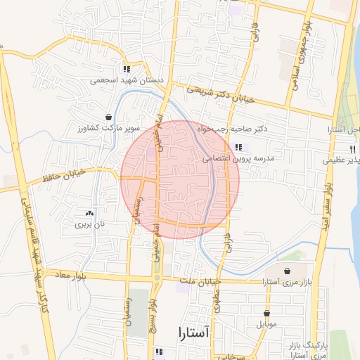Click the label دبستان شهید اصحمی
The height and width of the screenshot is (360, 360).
pos(127,80)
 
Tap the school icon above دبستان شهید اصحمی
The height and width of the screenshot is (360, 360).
pos(127,69)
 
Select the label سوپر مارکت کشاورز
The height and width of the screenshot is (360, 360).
pos(109,129)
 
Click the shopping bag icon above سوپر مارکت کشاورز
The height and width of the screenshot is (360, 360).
pos(108,117)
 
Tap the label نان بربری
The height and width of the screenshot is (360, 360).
pos(89,224)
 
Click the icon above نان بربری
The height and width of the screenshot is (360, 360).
pos(89,213)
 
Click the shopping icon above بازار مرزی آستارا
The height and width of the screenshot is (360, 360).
pos(287,271)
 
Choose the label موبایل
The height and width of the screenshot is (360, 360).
pos(267,325)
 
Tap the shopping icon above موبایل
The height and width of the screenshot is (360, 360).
pos(267,314)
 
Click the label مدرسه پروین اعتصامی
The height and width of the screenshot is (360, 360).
pos(239,159)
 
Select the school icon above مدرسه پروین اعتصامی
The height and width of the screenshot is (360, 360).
pos(238,147)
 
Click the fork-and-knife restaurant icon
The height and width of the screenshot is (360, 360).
pos(353,149)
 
